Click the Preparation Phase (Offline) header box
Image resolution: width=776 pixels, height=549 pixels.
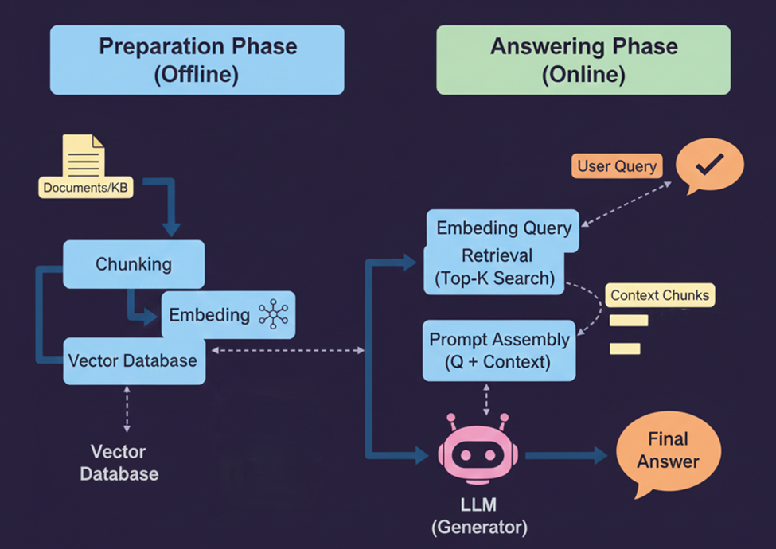click(x=197, y=60)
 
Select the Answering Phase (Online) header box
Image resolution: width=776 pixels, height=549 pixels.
click(x=583, y=60)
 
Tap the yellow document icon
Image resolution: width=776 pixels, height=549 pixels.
click(x=84, y=158)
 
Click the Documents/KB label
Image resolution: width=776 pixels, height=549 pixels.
click(x=84, y=188)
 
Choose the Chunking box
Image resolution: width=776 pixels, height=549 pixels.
click(x=134, y=263)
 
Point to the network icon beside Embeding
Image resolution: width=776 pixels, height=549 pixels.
click(x=274, y=315)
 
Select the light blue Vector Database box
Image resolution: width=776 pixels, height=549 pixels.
click(x=132, y=360)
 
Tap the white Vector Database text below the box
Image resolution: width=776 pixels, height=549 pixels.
click(x=118, y=462)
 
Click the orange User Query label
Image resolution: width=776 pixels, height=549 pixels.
click(x=617, y=166)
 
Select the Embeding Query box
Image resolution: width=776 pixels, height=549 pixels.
click(x=504, y=228)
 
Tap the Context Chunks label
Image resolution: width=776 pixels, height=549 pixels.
click(x=660, y=296)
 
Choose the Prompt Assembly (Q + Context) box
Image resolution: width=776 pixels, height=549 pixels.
click(x=500, y=350)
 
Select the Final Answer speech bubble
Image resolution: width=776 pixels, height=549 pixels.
click(x=667, y=450)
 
